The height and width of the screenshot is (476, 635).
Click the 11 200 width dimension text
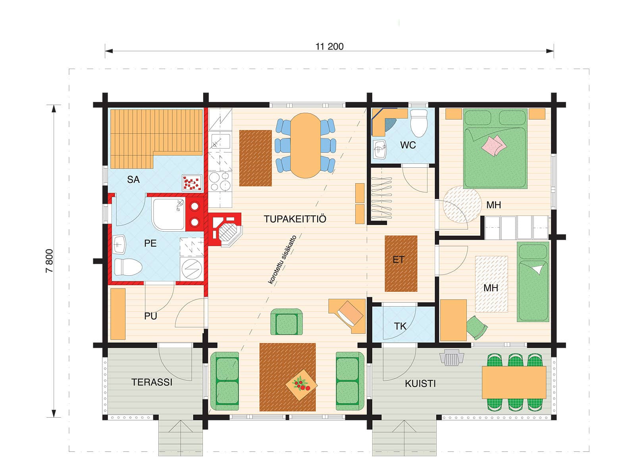click(x=329, y=46)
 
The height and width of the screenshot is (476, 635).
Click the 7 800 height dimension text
click(x=50, y=261)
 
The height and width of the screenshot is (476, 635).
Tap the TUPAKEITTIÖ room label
click(x=295, y=219)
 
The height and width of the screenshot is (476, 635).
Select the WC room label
click(x=408, y=145)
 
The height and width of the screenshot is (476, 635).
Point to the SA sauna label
click(x=133, y=179)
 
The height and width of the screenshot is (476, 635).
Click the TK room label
click(x=400, y=326)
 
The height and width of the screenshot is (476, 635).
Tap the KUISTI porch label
click(x=420, y=384)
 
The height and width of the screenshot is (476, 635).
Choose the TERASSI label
click(x=152, y=382)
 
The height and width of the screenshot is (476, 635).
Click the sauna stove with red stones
click(x=192, y=182)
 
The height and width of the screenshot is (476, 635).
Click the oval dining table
click(x=306, y=145)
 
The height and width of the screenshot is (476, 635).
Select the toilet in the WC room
click(x=419, y=123)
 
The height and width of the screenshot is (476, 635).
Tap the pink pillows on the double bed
click(x=494, y=145)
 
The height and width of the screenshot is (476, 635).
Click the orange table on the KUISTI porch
click(x=514, y=383)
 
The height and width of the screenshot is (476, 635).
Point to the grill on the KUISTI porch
click(x=452, y=357)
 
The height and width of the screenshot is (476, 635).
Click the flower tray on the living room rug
click(x=301, y=385)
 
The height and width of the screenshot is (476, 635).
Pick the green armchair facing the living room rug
click(x=287, y=322)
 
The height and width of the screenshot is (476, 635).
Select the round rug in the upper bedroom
click(x=462, y=204)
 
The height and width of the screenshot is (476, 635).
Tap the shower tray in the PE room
click(x=168, y=214)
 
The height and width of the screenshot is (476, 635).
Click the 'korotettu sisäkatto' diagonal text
click(x=283, y=259)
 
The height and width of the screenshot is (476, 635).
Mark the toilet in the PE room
click(x=128, y=267)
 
